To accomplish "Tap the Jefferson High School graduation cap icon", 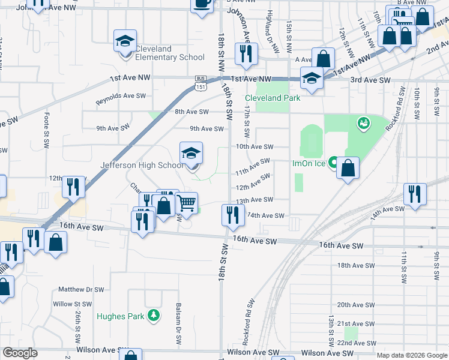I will tap(191, 153).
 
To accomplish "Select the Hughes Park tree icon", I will tap(154, 315).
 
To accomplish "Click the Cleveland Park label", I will tap(272, 98).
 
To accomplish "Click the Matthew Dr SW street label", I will tap(81, 289).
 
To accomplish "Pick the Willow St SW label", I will tap(71, 304).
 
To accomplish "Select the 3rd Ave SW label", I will tap(370, 80).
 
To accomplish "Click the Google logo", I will tap(19, 353).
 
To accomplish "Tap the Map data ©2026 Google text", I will tap(411, 355).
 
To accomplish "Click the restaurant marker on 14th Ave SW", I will tap(233, 214).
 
